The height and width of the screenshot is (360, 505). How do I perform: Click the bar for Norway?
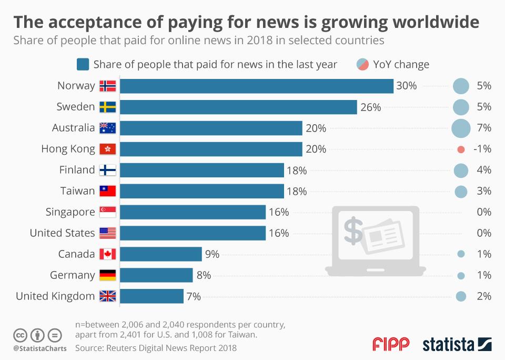pos(257,86)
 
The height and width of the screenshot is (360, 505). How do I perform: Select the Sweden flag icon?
pos(108,107)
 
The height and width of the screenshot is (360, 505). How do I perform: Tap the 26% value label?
pos(370,107)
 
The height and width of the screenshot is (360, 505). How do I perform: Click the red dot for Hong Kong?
pos(461,149)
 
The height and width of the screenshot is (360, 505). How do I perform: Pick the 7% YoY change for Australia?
pos(483,128)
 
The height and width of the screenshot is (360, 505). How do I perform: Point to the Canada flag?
pos(108,254)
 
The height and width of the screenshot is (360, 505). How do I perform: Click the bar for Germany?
pos(157,275)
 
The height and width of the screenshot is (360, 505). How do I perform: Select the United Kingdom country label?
pos(55,296)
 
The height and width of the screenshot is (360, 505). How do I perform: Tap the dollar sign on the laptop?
pos(353,231)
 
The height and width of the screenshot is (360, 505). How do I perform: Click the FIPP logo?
pos(391,345)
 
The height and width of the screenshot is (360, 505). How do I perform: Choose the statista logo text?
pos(448,345)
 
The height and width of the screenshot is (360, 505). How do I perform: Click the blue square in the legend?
pos(83,65)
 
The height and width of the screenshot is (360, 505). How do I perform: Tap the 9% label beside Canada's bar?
pos(212,254)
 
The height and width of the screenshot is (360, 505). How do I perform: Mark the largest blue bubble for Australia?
pos(461,128)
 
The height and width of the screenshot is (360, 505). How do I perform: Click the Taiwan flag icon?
pos(108,191)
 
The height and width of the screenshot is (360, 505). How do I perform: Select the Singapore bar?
pos(193,212)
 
